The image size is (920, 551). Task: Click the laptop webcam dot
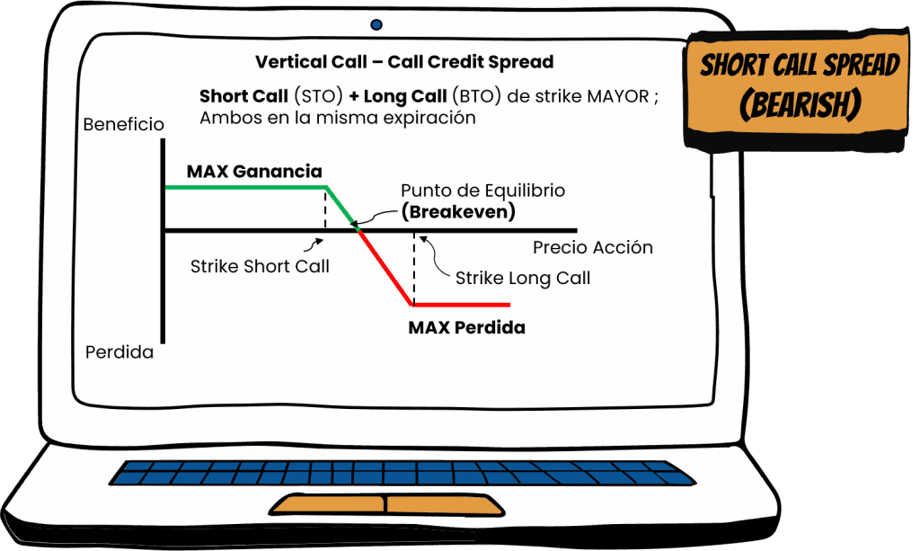point(376,24)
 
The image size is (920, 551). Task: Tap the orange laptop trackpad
point(386,505)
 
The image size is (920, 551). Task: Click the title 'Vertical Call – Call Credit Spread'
point(403,63)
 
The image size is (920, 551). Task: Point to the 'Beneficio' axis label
point(123,124)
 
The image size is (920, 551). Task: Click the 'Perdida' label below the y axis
point(119,352)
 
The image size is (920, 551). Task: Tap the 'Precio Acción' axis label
point(592,247)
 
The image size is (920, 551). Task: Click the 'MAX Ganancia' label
point(254,171)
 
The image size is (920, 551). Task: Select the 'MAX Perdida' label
point(466,327)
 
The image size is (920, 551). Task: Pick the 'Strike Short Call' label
point(260,266)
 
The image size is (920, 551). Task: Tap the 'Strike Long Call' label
point(523,278)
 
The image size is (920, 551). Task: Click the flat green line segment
point(243,187)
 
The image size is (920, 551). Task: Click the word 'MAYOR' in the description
point(617,96)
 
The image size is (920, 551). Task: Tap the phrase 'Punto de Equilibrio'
point(482,191)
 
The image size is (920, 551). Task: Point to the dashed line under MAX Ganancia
point(324,209)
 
